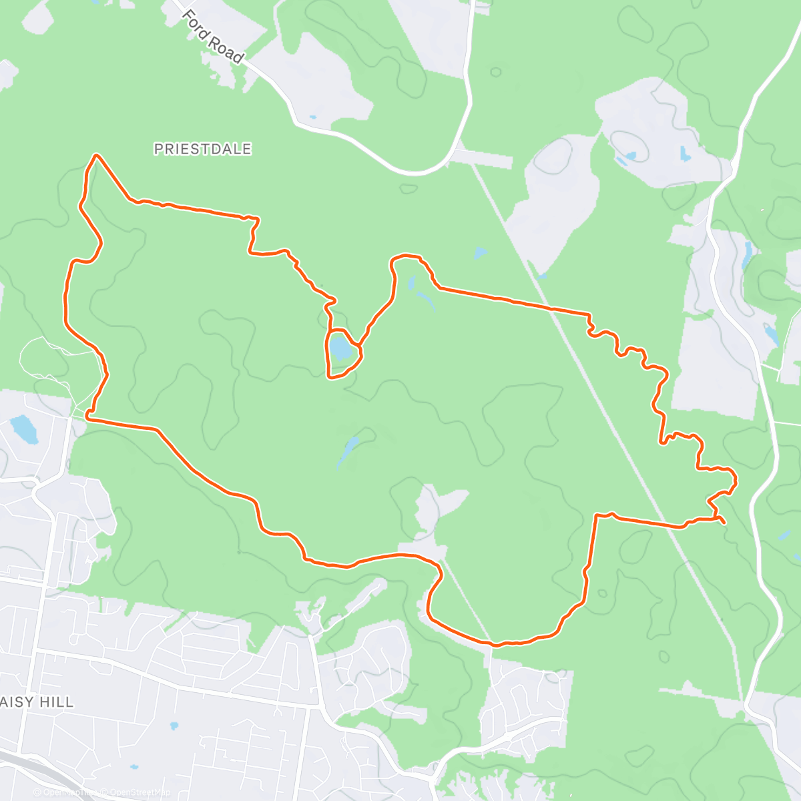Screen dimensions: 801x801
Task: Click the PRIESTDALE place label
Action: click(202, 149)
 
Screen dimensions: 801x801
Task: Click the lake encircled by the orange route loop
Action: click(340, 348)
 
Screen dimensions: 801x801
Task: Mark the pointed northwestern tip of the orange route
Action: click(97, 156)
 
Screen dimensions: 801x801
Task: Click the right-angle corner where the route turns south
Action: click(595, 515)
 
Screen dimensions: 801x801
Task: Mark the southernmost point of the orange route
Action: click(495, 645)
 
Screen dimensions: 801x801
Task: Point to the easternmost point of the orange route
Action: click(736, 480)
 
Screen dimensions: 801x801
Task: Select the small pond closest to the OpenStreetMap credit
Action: click(134, 767)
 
